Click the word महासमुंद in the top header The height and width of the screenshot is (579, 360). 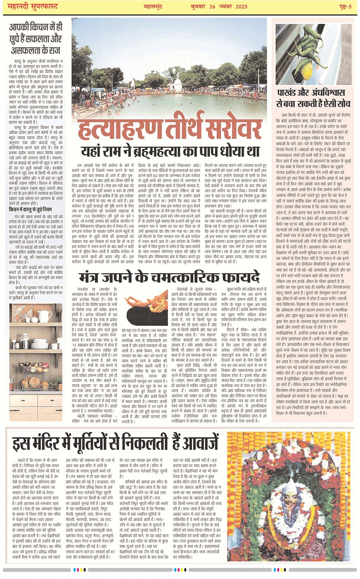pos(155,6)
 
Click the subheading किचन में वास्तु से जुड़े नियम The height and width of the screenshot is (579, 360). pos(30,209)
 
